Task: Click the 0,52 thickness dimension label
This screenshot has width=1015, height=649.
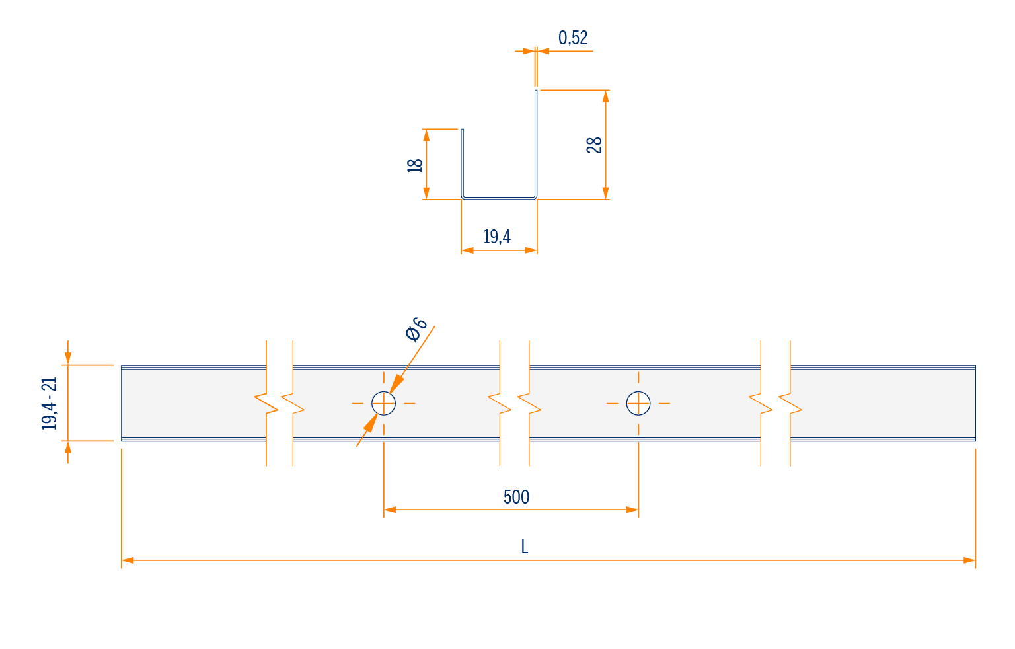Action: click(x=573, y=38)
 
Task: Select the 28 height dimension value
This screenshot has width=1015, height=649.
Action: click(x=594, y=145)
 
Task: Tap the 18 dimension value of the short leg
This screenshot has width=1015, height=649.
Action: click(x=415, y=165)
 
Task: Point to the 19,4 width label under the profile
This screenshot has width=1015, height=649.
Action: click(x=497, y=237)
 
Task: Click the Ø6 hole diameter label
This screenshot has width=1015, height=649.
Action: click(x=416, y=330)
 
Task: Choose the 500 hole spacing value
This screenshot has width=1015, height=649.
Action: click(x=516, y=497)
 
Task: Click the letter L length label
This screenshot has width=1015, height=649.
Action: click(x=524, y=547)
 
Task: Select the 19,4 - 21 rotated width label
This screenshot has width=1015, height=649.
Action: click(x=50, y=403)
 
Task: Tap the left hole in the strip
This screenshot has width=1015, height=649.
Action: click(x=383, y=403)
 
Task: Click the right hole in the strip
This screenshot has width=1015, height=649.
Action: click(x=638, y=403)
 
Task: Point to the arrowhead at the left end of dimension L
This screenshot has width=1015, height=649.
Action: click(x=128, y=560)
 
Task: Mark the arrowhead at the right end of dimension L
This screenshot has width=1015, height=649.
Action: click(x=969, y=560)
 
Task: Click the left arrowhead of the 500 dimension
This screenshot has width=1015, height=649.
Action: click(x=390, y=510)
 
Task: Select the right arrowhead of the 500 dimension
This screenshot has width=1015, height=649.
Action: click(x=632, y=510)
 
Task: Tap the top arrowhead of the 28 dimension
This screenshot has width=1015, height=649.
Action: click(x=606, y=96)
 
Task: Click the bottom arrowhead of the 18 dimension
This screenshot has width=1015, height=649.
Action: click(x=426, y=193)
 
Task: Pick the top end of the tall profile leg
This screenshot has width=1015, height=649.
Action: click(x=536, y=90)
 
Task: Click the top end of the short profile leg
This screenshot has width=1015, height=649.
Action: click(x=462, y=130)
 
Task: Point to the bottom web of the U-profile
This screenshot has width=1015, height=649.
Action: click(x=499, y=198)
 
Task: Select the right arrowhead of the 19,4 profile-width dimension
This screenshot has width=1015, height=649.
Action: click(x=531, y=250)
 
